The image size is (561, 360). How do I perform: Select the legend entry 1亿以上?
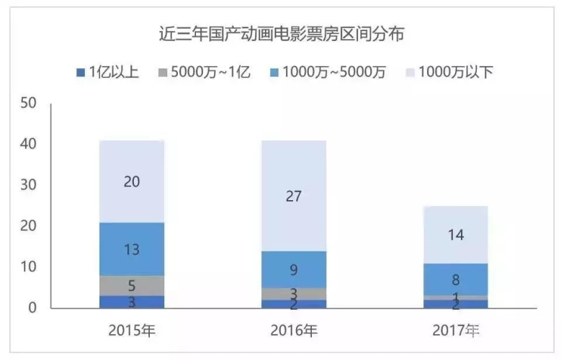[108, 72]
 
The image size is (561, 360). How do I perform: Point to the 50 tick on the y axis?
[29, 104]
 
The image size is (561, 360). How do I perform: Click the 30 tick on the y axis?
[29, 186]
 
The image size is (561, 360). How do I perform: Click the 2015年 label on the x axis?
[132, 332]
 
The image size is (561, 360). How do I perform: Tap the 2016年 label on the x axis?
[293, 332]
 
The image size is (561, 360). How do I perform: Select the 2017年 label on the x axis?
[456, 332]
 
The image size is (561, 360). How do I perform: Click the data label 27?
[293, 196]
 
